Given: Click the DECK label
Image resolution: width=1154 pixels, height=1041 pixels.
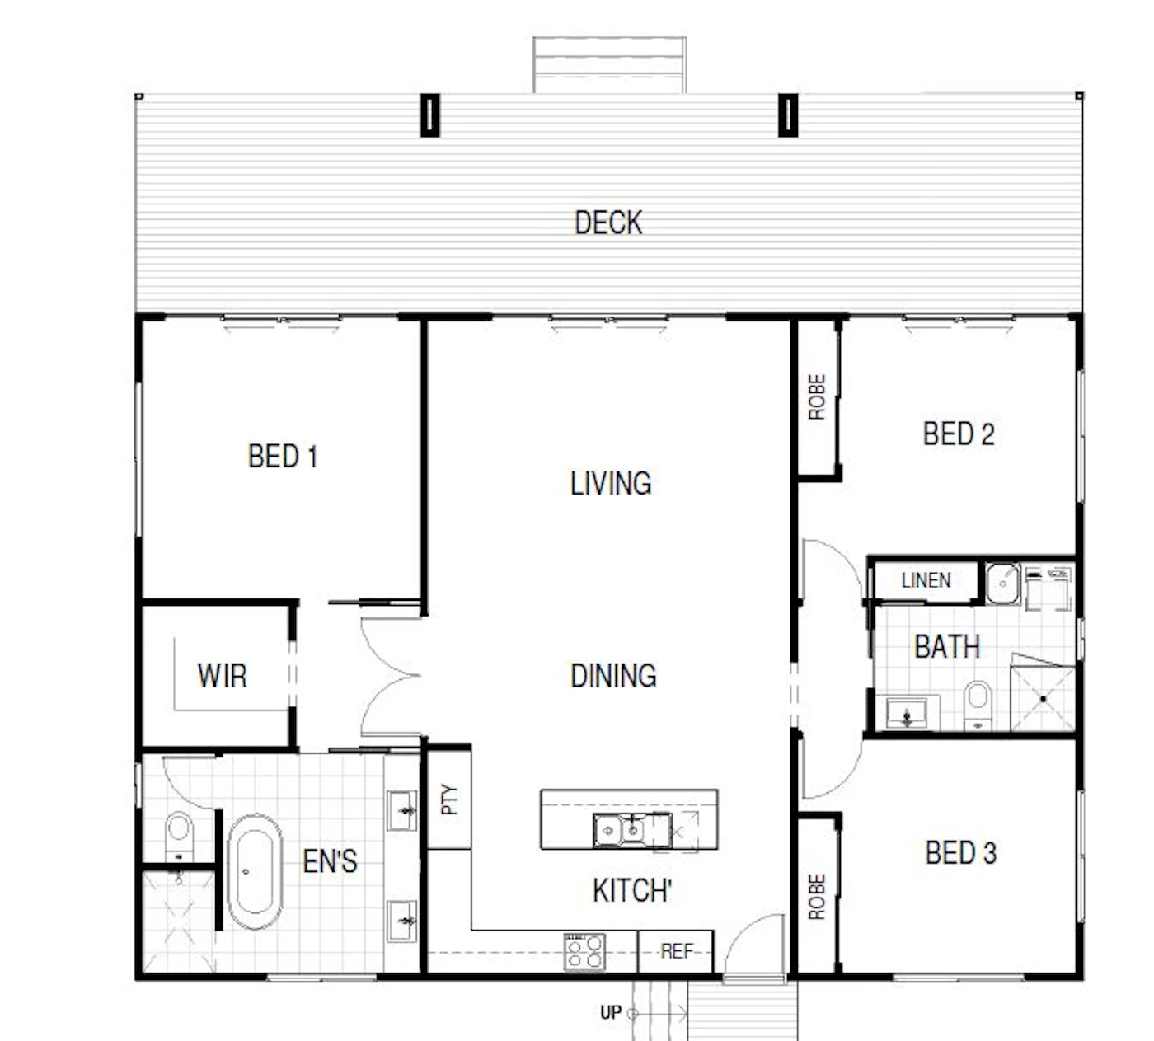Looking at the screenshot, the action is (608, 223).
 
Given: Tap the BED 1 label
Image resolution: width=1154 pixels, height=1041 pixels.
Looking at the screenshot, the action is (283, 457).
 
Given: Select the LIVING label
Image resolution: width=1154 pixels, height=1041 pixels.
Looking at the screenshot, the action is (611, 483).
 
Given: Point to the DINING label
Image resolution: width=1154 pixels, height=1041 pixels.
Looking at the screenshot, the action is (613, 676).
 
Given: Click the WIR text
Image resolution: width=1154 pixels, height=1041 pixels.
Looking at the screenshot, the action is (222, 676).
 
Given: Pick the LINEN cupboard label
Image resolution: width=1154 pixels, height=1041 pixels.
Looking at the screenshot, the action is (926, 580).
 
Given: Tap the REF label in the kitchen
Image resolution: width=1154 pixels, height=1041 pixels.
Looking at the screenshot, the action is (677, 951).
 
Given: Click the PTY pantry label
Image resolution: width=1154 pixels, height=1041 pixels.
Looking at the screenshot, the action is (449, 800).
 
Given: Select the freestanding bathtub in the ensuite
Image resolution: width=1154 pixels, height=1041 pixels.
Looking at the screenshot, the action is (254, 871).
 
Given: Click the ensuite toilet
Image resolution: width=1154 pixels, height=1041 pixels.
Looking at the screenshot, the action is (179, 836).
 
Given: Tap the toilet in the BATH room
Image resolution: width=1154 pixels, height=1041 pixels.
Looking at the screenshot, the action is (978, 705).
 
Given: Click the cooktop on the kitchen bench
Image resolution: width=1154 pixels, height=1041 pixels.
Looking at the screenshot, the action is (584, 952).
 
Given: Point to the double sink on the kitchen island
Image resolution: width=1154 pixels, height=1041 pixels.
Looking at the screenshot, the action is (632, 830).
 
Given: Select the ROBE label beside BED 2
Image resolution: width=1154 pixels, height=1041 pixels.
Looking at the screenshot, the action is (817, 397).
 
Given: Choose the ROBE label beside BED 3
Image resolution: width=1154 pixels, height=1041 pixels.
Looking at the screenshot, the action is (817, 897).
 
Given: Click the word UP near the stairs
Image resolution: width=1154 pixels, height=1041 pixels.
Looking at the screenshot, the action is (611, 1012).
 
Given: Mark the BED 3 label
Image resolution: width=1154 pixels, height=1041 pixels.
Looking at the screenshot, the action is (961, 853).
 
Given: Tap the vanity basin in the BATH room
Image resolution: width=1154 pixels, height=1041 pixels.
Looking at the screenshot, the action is (907, 714).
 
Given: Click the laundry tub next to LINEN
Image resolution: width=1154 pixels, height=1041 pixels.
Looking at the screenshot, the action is (1002, 584).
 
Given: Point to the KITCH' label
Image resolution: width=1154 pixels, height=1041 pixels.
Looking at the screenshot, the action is (632, 891).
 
